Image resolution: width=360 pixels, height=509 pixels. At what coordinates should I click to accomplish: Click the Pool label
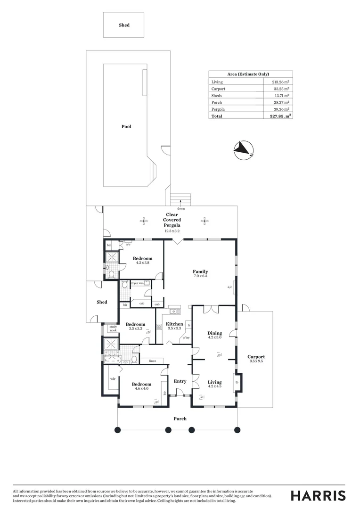[126, 126]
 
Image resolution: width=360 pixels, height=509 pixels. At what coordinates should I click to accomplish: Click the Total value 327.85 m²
[280, 115]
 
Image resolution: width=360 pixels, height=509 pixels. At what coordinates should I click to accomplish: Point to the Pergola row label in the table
[218, 109]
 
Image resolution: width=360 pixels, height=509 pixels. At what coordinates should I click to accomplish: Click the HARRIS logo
[318, 495]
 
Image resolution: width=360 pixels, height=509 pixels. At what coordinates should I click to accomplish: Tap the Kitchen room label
[175, 324]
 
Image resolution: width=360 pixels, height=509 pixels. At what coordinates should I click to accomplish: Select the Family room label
[200, 271]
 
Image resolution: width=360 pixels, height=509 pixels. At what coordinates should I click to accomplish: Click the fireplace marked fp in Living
[237, 382]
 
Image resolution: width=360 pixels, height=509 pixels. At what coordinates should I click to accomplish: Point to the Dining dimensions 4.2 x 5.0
[214, 337]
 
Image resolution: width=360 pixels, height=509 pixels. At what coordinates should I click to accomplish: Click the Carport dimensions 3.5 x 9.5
[256, 361]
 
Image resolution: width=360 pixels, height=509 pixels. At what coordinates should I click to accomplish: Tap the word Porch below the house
[180, 419]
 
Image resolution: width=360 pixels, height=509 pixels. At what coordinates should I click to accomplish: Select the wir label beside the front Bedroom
[113, 378]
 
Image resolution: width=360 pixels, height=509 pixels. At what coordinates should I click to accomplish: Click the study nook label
[113, 328]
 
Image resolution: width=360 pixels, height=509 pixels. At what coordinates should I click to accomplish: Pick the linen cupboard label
[153, 361]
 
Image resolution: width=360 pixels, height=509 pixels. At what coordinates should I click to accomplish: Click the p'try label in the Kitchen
[187, 337]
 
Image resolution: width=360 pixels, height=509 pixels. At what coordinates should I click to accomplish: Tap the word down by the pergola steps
[181, 208]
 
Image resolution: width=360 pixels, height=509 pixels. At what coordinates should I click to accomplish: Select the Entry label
[180, 381]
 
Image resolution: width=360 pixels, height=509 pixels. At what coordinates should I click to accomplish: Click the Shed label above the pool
[124, 25]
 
